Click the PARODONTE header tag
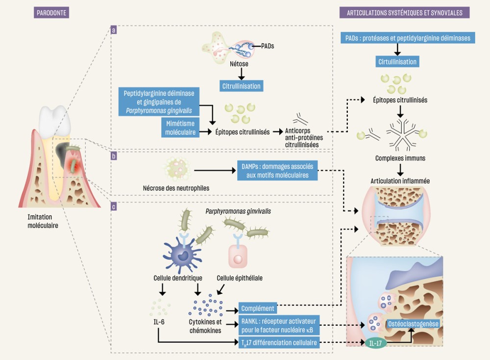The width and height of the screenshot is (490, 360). tap(51, 12)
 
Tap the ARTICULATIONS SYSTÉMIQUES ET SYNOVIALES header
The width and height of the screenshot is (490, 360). tap(404, 12)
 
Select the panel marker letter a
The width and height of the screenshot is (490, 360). tap(114, 30)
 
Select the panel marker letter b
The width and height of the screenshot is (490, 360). tap(114, 156)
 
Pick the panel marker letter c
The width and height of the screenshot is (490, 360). tap(114, 207)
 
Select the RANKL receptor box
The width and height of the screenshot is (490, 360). tap(279, 325)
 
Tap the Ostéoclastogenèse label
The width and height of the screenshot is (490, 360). tap(413, 324)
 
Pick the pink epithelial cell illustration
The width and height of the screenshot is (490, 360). tap(239, 257)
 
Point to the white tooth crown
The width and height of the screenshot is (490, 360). tap(51, 119)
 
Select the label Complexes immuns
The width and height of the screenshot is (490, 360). tap(400, 158)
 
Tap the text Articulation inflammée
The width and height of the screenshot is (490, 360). tap(400, 181)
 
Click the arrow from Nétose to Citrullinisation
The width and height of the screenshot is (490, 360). tap(241, 73)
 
